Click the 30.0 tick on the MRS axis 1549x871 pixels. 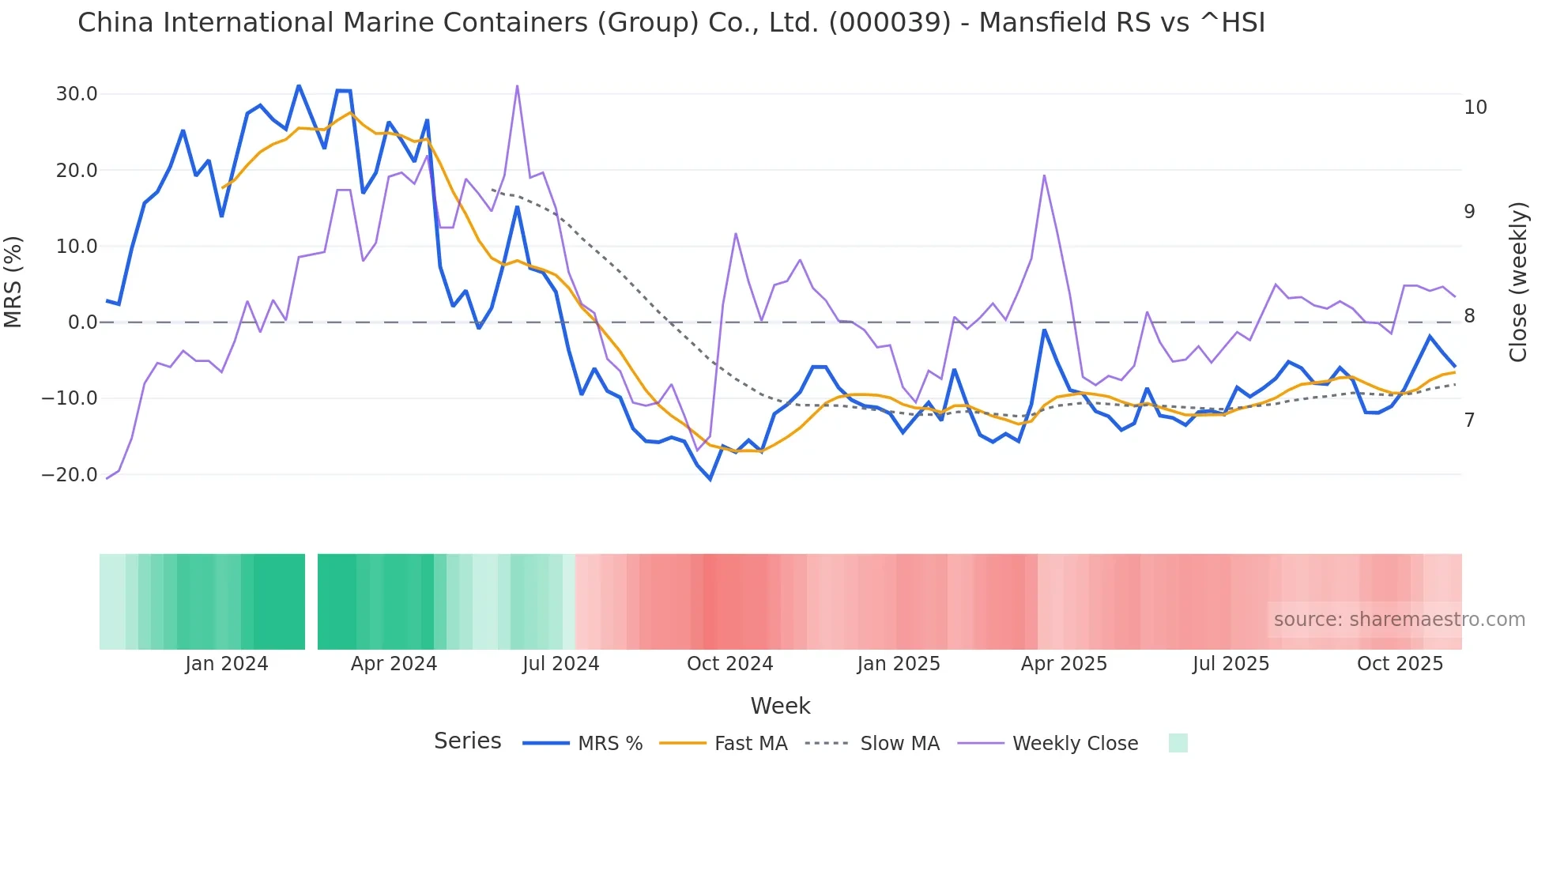(x=76, y=94)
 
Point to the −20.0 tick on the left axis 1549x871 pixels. (x=70, y=475)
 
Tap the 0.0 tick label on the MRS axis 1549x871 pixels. (x=82, y=322)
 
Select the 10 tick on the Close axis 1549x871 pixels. (x=1475, y=107)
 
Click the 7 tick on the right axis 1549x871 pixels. (x=1469, y=420)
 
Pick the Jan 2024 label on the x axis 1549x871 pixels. (x=226, y=664)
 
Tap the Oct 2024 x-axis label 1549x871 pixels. (x=729, y=664)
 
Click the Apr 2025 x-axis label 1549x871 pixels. (x=1064, y=664)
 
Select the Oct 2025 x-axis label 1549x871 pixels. (x=1400, y=664)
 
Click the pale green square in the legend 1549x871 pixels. (x=1178, y=743)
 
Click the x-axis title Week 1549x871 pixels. (x=780, y=706)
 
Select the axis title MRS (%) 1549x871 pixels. (x=13, y=282)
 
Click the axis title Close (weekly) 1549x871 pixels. (x=1517, y=282)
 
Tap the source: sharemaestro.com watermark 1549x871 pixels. (x=1399, y=620)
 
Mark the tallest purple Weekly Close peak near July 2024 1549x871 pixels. (x=517, y=86)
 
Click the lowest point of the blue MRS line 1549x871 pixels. (x=710, y=479)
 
